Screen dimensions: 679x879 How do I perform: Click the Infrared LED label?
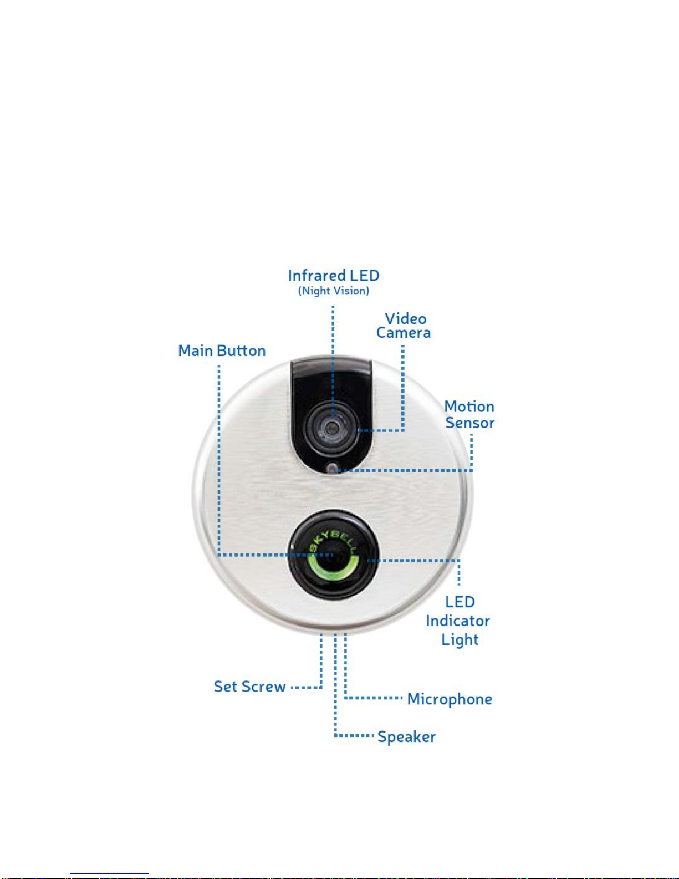click(x=334, y=276)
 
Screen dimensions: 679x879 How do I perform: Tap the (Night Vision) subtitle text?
click(x=334, y=291)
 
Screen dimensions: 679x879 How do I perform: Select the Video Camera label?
click(x=404, y=326)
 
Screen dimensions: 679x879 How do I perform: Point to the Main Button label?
click(x=222, y=350)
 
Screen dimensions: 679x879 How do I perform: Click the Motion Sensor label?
click(x=469, y=415)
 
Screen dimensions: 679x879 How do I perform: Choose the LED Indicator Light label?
click(x=458, y=621)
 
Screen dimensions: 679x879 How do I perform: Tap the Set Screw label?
click(x=249, y=687)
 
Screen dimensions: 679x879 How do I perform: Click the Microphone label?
click(x=450, y=699)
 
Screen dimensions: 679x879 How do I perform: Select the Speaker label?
click(x=407, y=737)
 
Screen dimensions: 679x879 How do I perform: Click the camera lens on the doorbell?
click(x=332, y=427)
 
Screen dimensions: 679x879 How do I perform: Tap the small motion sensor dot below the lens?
click(x=332, y=469)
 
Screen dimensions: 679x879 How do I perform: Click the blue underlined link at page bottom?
click(x=110, y=874)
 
